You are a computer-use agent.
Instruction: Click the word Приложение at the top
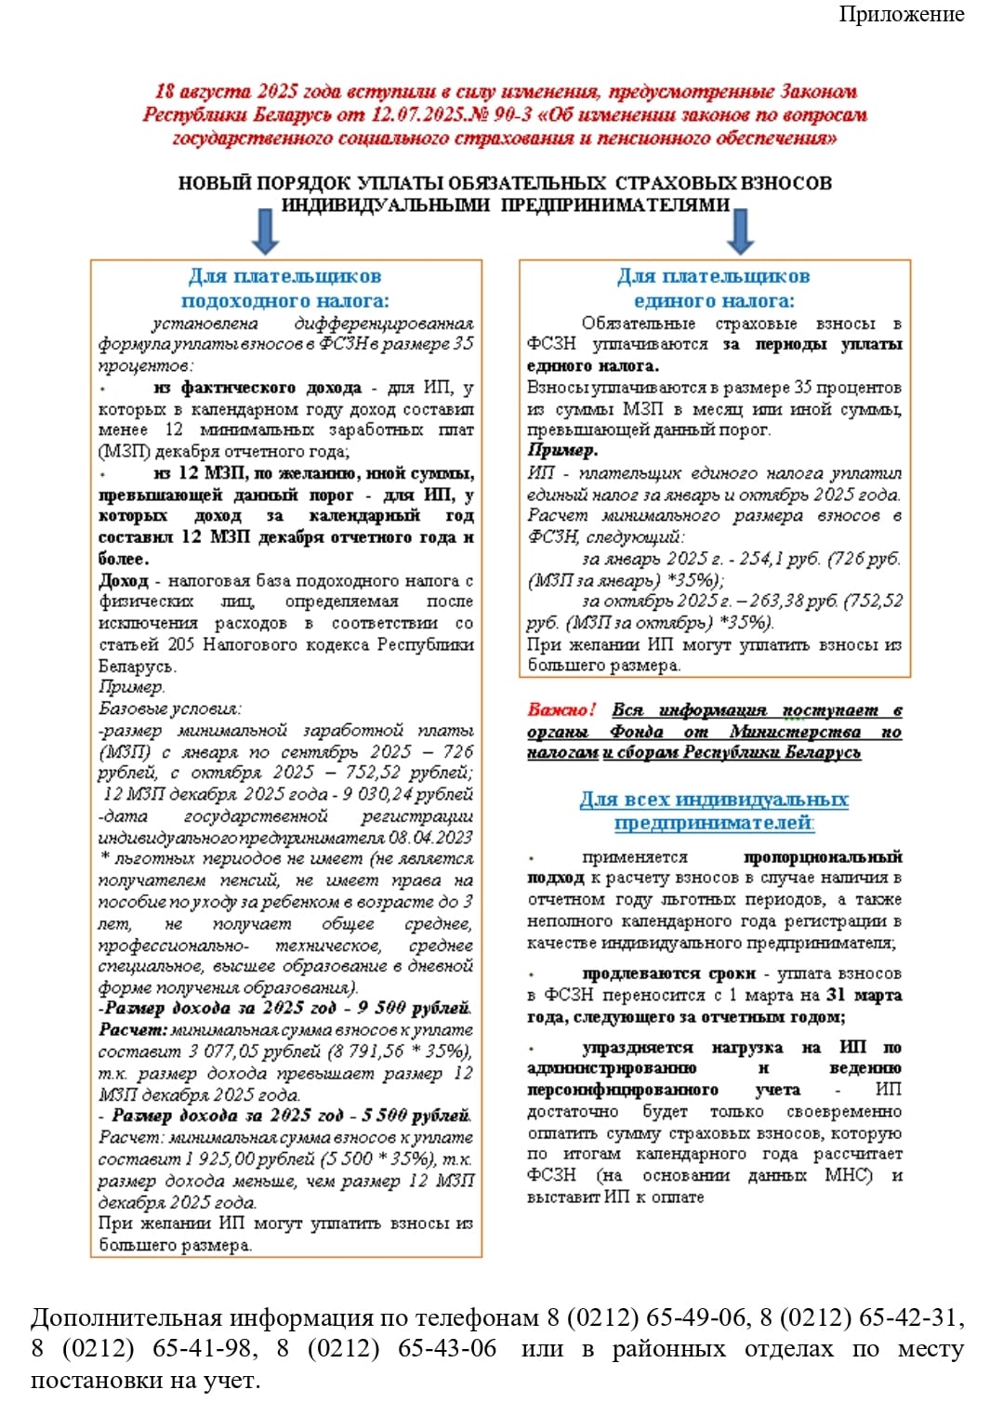[x=901, y=14]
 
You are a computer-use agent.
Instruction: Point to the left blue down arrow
[x=266, y=230]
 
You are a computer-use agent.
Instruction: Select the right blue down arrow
[x=740, y=230]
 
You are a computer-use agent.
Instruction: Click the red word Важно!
[x=562, y=709]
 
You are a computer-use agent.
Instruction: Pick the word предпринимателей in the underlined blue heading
[x=713, y=823]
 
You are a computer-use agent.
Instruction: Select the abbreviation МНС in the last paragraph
[x=848, y=1175]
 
